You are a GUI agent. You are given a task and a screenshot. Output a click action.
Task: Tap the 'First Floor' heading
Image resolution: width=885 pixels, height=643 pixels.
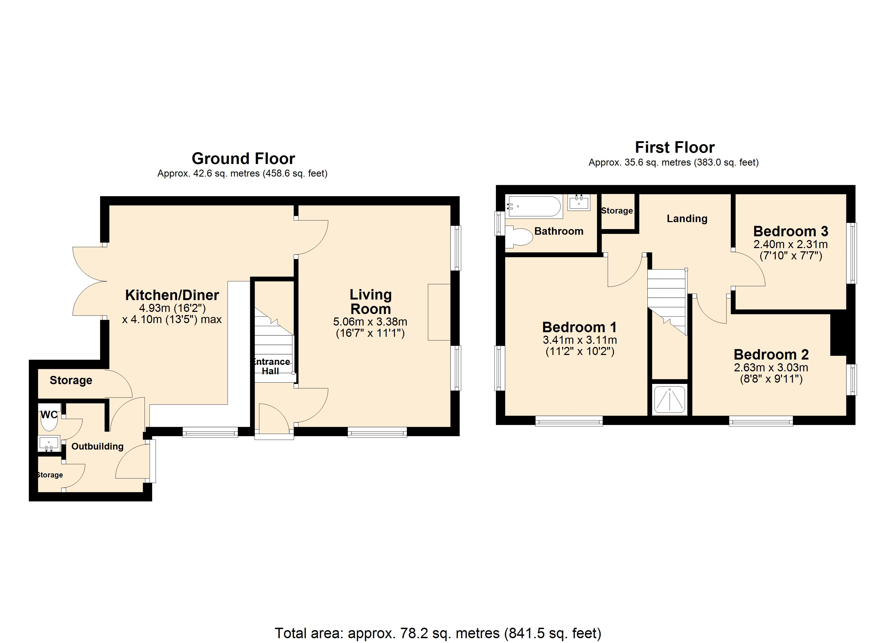tap(675, 147)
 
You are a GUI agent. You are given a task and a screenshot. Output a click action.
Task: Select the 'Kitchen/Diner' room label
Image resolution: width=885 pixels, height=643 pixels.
tap(172, 295)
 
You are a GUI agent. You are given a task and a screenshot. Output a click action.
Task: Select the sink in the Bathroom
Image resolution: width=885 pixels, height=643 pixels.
tap(579, 202)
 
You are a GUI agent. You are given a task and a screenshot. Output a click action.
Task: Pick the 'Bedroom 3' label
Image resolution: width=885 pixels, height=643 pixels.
tap(791, 231)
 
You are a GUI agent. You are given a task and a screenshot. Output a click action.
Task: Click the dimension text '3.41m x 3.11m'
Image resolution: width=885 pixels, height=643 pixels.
tap(580, 340)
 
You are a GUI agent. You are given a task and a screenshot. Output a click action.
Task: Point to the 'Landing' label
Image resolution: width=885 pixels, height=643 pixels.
tap(687, 218)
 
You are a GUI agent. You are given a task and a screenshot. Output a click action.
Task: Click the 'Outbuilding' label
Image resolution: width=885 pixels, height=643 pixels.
tap(98, 446)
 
